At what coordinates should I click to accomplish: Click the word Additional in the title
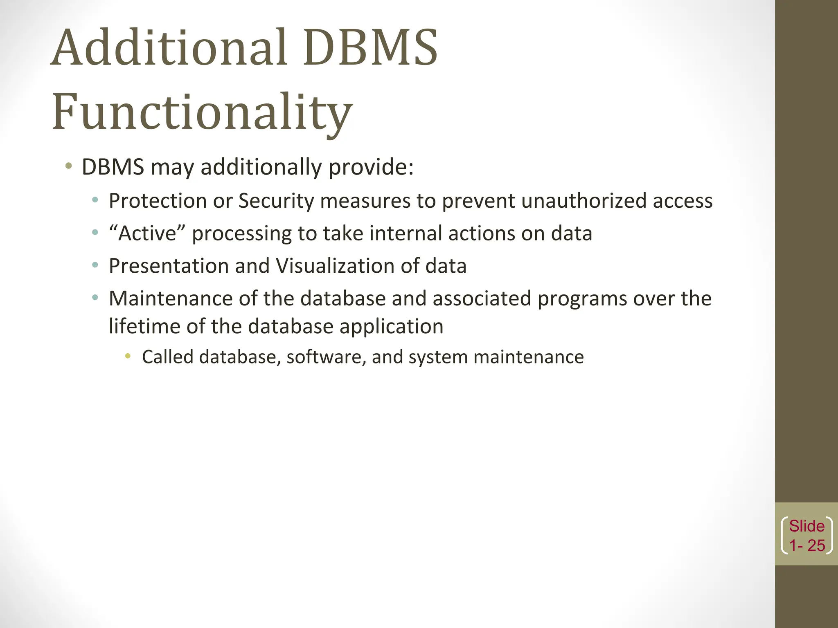pyautogui.click(x=168, y=48)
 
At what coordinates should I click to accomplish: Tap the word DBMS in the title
pyautogui.click(x=371, y=48)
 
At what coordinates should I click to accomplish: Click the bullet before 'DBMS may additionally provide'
pyautogui.click(x=69, y=166)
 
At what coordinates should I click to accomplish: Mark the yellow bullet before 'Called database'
pyautogui.click(x=128, y=356)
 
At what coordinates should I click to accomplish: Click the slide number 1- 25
pyautogui.click(x=807, y=545)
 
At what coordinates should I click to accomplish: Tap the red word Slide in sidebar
pyautogui.click(x=807, y=526)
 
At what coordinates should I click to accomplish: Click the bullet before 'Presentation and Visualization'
pyautogui.click(x=95, y=265)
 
